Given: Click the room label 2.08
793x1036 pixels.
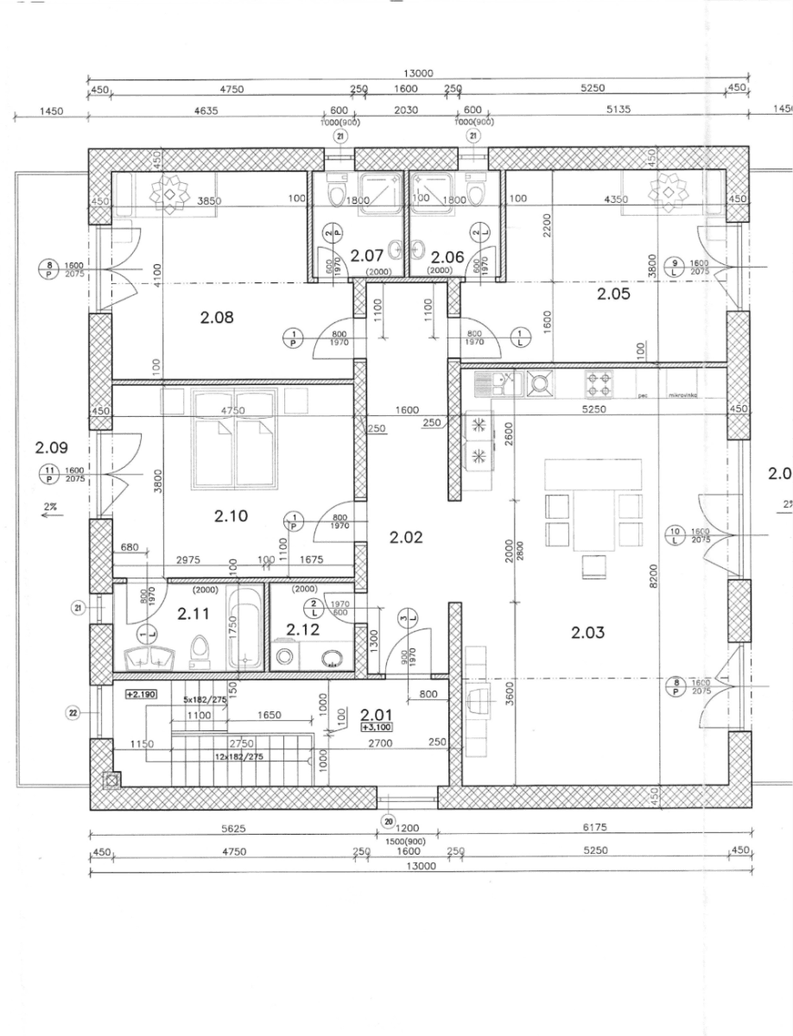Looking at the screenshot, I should coord(217,318).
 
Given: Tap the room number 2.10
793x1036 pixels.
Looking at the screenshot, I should coord(232,516).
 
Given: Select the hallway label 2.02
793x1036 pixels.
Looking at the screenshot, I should coord(405,537).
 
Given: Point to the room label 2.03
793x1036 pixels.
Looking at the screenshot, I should coord(588,633).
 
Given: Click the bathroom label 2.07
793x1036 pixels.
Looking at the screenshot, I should coord(366,256).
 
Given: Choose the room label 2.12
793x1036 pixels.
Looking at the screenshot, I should coord(303,629).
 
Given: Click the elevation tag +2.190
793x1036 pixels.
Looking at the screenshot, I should coord(140,694).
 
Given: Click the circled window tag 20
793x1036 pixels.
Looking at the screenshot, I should coord(388,821).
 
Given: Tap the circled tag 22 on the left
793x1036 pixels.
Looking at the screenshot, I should coord(73,713).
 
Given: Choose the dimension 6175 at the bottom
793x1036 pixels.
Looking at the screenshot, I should coord(595,827).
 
